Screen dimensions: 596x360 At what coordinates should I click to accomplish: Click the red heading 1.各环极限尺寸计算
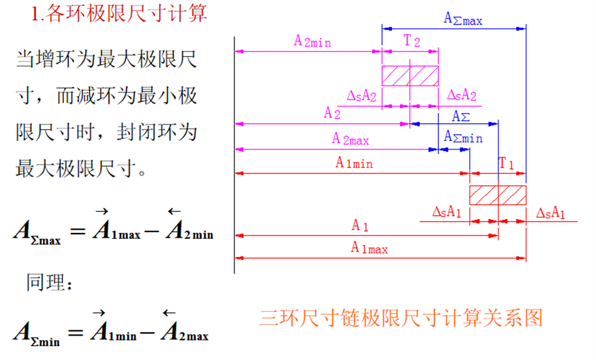point(119,13)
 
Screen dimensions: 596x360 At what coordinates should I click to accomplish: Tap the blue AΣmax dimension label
point(463,19)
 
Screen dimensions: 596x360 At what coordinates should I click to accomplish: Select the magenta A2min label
point(313,40)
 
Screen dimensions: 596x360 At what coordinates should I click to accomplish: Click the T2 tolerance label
point(412,40)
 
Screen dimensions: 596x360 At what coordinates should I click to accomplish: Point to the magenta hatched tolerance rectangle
point(410,76)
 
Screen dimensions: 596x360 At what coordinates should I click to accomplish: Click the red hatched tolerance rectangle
point(498,195)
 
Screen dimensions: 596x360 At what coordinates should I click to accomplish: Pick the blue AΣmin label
point(463,137)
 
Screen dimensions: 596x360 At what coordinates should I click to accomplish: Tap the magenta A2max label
point(350,139)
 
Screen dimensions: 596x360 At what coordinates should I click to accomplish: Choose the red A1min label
point(354,163)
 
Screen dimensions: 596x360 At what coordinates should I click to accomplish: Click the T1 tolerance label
point(507,163)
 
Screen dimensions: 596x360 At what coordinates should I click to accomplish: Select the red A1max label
point(369,248)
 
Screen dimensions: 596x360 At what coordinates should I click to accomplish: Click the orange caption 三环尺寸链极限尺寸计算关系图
point(401,318)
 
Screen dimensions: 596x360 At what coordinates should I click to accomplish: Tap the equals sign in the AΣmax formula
point(78,230)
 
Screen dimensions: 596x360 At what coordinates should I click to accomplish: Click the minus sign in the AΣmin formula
point(147,333)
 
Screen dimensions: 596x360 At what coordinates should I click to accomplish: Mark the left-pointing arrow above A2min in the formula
point(174,211)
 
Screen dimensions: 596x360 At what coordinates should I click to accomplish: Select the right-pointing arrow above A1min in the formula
point(99,312)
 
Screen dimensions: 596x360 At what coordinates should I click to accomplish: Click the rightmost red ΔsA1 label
point(550,212)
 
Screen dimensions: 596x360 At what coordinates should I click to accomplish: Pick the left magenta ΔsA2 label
point(362,96)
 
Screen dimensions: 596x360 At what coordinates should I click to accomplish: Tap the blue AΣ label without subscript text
point(461,116)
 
